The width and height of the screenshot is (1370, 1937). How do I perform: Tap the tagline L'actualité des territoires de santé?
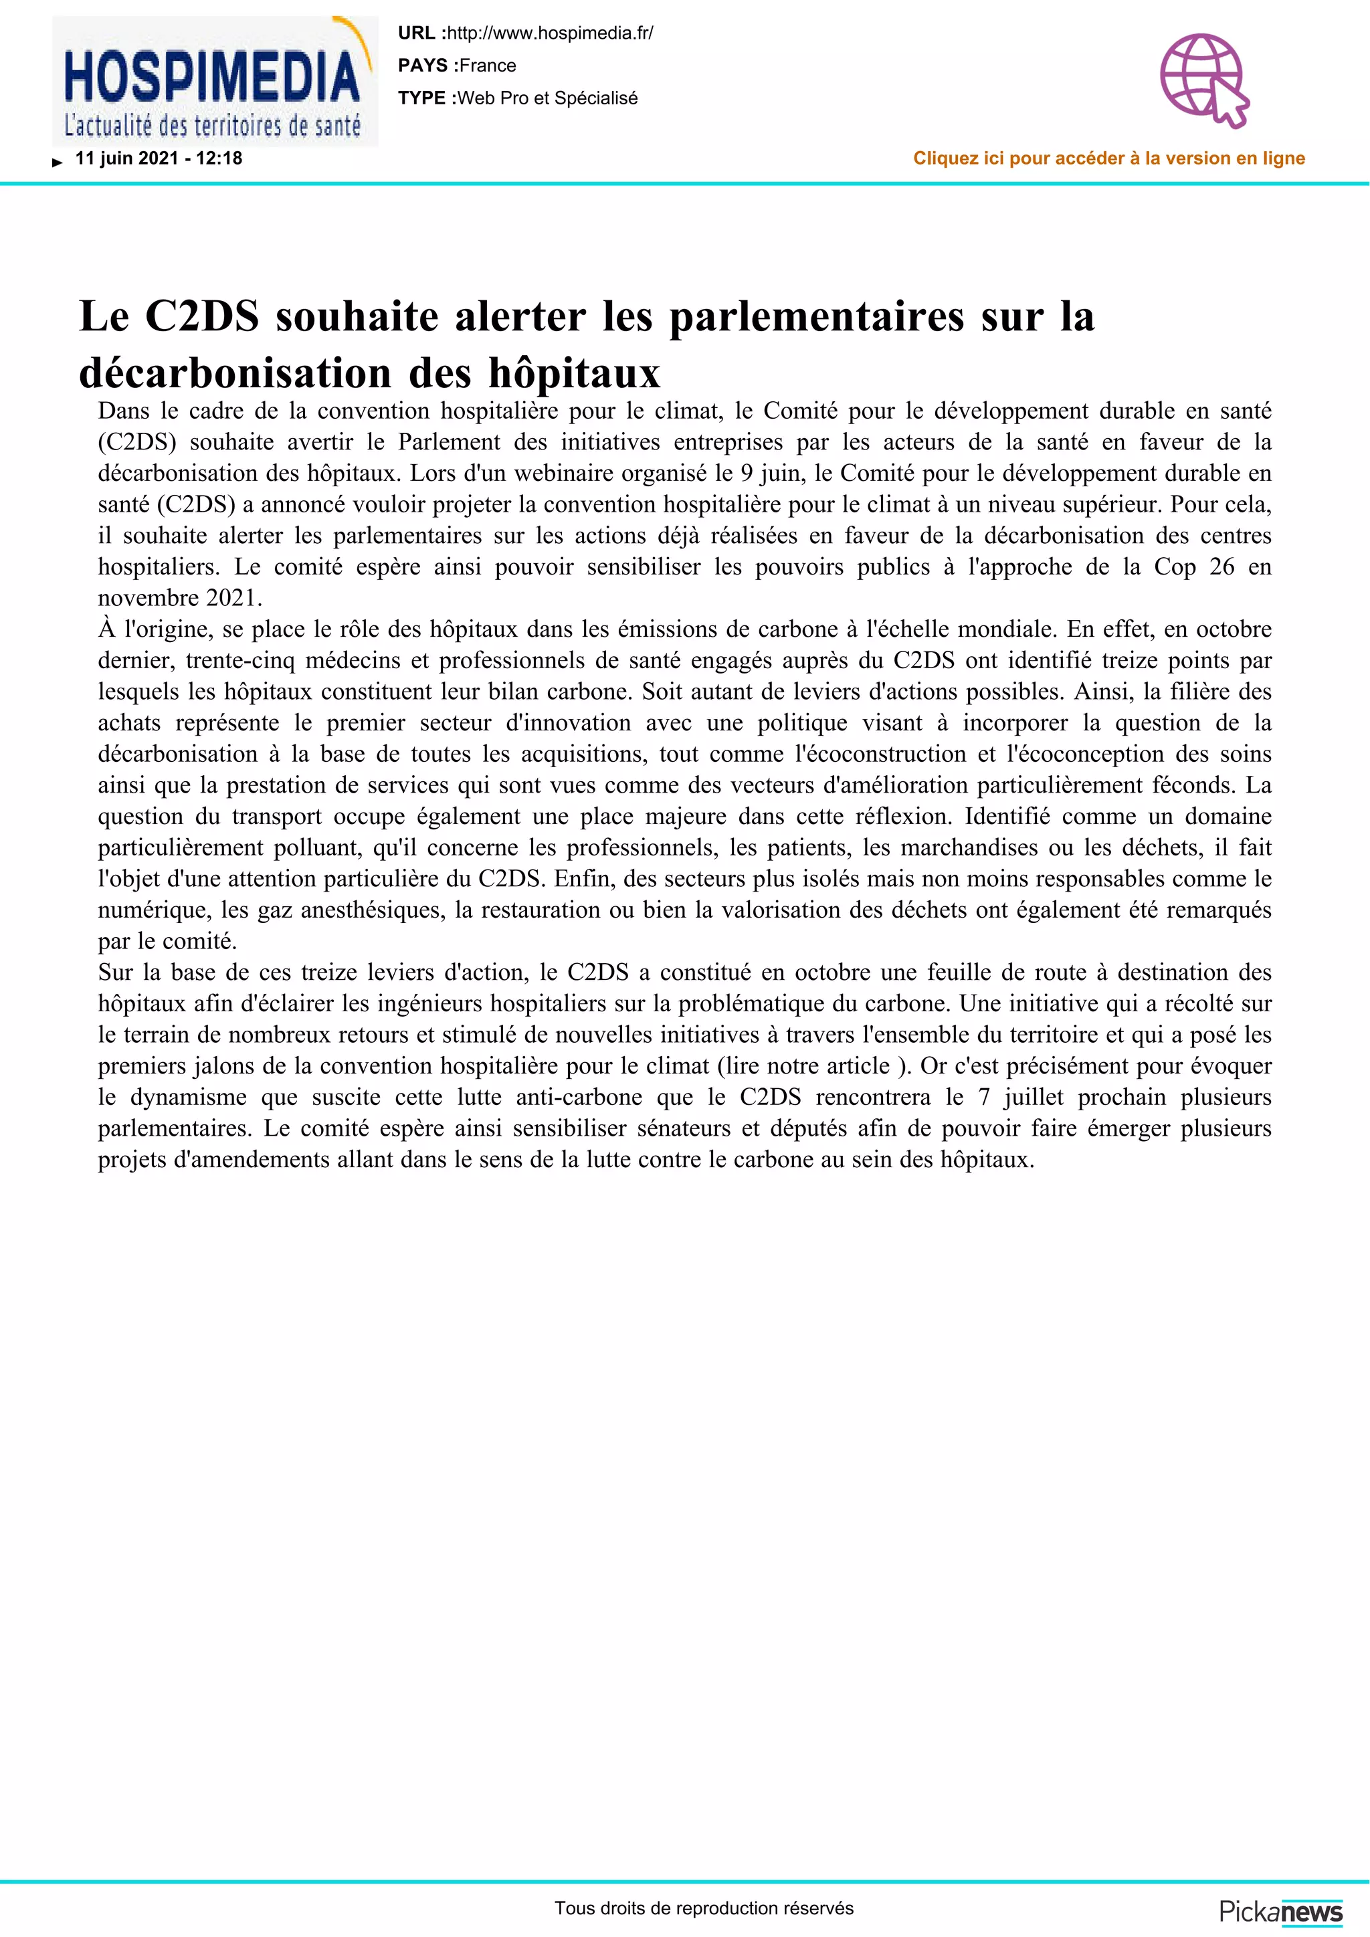212,126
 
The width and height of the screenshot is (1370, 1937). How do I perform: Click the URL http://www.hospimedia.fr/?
549,33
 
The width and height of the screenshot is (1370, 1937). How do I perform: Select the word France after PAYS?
488,66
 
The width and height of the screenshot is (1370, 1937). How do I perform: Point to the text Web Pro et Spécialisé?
547,98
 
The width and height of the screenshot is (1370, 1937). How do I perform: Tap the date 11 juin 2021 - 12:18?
159,159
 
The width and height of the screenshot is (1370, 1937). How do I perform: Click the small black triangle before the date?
58,162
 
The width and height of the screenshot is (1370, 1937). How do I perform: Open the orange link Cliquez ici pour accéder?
1108,159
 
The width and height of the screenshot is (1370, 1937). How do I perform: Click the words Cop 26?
1193,567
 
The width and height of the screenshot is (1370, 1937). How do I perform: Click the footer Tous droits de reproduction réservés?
704,1908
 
